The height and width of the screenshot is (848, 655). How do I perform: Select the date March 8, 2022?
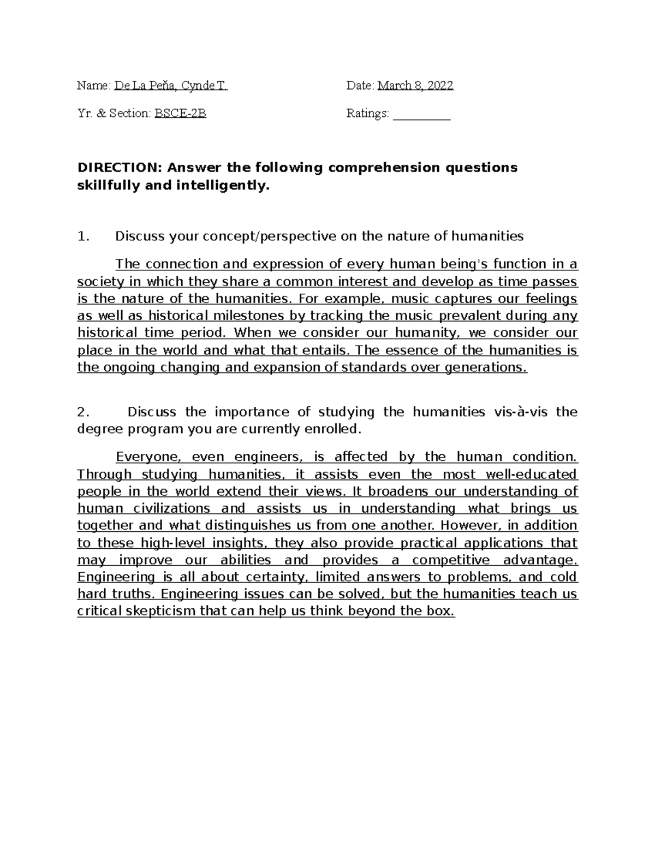(415, 86)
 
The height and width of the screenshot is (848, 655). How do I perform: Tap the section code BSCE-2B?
(181, 114)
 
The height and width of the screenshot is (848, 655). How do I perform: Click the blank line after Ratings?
(421, 115)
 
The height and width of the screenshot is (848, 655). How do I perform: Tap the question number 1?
(82, 236)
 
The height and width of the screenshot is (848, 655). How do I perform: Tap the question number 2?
(82, 412)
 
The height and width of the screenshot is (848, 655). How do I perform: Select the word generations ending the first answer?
(486, 367)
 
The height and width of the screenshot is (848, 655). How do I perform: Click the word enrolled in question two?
(335, 429)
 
